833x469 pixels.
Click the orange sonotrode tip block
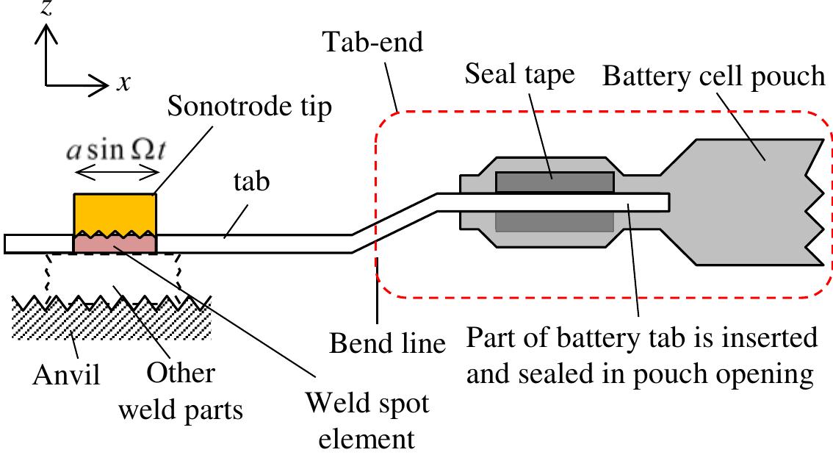[x=115, y=212]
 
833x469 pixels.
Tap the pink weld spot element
[x=115, y=244]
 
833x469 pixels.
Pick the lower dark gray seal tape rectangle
[x=555, y=221]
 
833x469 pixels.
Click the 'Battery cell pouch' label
[x=713, y=75]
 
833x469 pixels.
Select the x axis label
[x=124, y=84]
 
